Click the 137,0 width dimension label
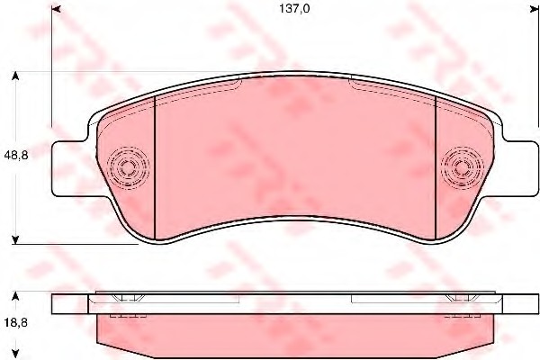pyautogui.click(x=294, y=9)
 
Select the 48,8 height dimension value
pyautogui.click(x=16, y=156)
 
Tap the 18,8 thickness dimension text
pyautogui.click(x=16, y=323)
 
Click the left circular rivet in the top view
pyautogui.click(x=128, y=168)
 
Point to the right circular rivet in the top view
pyautogui.click(x=463, y=168)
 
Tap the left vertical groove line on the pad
pyautogui.click(x=156, y=167)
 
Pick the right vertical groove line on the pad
pyautogui.click(x=436, y=167)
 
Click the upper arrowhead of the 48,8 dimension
pyautogui.click(x=15, y=76)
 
